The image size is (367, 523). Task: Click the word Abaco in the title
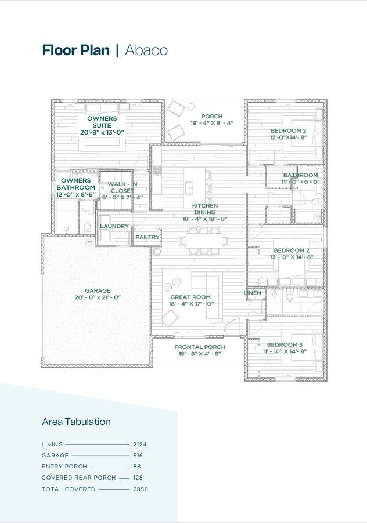(x=146, y=50)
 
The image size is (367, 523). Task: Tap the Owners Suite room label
(x=102, y=125)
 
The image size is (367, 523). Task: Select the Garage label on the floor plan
(x=98, y=294)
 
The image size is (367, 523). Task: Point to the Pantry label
(x=147, y=237)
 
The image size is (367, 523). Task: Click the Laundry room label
(x=114, y=226)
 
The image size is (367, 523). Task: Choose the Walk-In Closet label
(x=122, y=190)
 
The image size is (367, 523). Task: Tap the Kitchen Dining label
(x=205, y=212)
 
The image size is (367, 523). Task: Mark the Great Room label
(x=190, y=300)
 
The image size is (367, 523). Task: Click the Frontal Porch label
(x=200, y=350)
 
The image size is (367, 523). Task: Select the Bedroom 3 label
(x=285, y=347)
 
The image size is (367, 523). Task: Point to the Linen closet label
(x=253, y=293)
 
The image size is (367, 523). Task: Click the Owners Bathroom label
(x=76, y=187)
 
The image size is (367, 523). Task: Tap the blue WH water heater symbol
(x=89, y=242)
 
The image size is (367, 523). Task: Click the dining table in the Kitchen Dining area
(x=204, y=240)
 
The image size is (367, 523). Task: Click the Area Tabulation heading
(x=76, y=422)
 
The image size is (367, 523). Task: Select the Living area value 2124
(x=139, y=444)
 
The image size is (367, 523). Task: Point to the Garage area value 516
(x=138, y=455)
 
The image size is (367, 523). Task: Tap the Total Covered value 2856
(x=141, y=489)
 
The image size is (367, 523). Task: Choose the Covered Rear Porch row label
(x=79, y=478)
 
